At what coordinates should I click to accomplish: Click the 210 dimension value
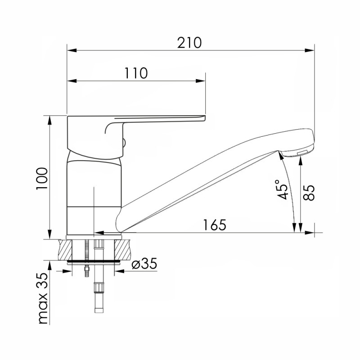tap(189, 43)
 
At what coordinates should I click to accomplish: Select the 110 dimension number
tap(136, 73)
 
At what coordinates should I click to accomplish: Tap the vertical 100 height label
tap(42, 178)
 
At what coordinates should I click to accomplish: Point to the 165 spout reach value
tap(215, 225)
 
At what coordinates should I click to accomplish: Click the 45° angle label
tap(282, 189)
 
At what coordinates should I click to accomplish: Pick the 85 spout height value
tap(309, 193)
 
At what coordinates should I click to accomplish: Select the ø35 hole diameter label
tap(144, 263)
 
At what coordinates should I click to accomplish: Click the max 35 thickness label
tap(43, 299)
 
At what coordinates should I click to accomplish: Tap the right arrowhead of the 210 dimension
tap(309, 50)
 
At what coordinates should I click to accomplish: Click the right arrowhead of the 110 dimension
tap(200, 81)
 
